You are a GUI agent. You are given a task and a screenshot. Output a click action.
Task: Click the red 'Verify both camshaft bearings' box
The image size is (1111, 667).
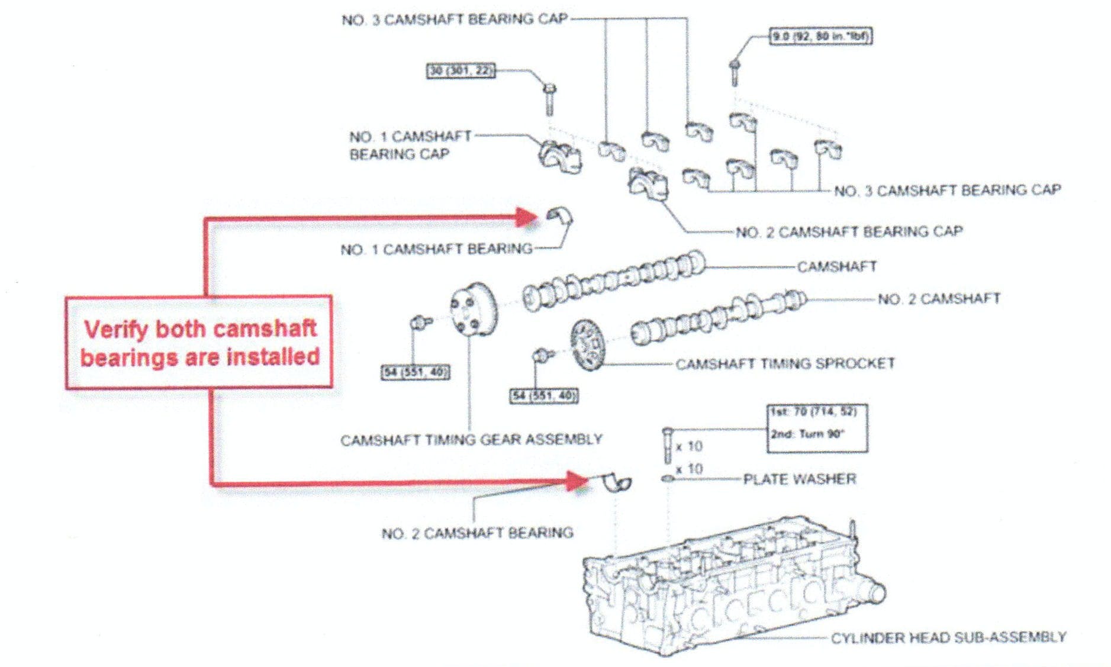pos(199,343)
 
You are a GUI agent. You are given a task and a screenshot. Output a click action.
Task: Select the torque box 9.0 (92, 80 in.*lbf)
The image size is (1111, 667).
pos(819,37)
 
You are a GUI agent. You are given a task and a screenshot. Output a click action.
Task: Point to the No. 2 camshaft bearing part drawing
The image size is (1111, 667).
pos(618,482)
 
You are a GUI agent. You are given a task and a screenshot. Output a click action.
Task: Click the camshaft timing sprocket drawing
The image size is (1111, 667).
pos(588,345)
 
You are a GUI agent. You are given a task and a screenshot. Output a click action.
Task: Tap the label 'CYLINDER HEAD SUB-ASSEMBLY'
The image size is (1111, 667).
pos(948,637)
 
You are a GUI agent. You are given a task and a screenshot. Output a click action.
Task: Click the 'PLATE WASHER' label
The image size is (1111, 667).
pos(799,479)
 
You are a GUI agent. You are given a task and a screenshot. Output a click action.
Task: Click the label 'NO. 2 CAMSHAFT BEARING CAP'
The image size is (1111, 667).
pos(849,231)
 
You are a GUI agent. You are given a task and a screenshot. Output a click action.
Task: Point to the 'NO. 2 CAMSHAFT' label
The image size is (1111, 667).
pos(939,299)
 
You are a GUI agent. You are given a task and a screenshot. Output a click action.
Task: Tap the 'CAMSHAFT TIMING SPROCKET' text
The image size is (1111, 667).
pos(785,363)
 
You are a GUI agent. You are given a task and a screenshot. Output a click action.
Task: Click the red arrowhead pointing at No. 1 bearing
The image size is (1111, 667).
pos(526,217)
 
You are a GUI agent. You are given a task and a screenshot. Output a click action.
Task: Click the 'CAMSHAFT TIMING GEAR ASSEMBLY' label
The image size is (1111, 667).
pos(471,440)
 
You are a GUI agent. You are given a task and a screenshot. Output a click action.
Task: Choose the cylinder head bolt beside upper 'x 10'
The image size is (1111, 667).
pos(667,445)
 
